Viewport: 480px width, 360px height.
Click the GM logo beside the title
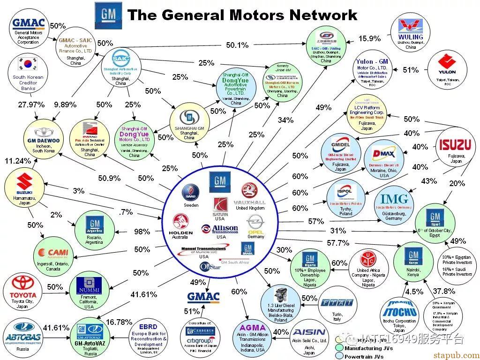pyautogui.click(x=108, y=15)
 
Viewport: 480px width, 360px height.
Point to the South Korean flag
pyautogui.click(x=28, y=64)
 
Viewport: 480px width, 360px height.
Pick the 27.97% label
pyautogui.click(x=30, y=105)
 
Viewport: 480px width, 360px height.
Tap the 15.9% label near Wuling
pyautogui.click(x=369, y=38)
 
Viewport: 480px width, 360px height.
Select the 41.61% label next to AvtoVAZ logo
pyautogui.click(x=56, y=328)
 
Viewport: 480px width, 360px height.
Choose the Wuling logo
pyautogui.click(x=410, y=28)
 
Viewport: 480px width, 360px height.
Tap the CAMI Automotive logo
pyautogui.click(x=54, y=254)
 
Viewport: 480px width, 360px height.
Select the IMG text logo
pyautogui.click(x=394, y=199)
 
